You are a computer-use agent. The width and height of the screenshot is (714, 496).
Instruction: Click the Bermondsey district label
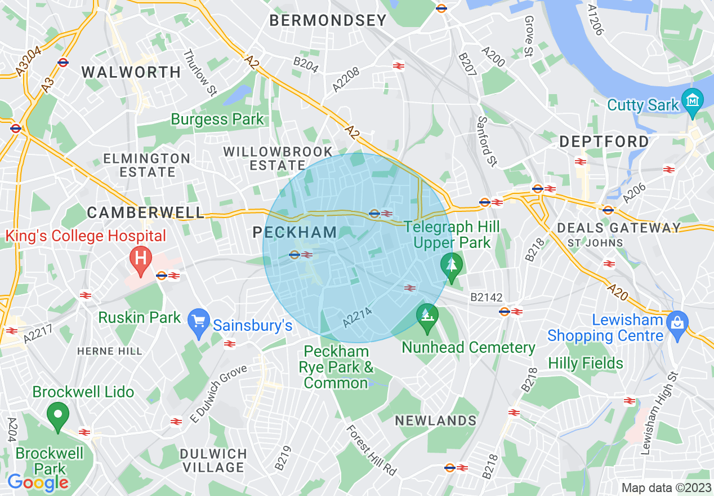click(328, 21)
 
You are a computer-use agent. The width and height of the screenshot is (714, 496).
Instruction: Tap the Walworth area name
click(131, 72)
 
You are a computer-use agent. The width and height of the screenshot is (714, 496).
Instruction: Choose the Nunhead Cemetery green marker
click(427, 316)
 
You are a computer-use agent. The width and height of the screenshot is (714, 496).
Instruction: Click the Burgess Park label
click(217, 119)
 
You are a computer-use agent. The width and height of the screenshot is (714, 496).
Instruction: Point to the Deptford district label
click(604, 142)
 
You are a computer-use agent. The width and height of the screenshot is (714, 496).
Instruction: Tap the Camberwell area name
click(146, 212)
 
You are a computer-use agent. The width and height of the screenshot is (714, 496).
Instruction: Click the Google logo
click(38, 482)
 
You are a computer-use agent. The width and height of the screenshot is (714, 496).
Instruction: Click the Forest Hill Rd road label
click(372, 449)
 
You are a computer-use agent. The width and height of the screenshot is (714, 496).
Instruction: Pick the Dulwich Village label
click(213, 460)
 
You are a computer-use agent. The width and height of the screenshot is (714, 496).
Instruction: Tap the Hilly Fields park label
click(586, 363)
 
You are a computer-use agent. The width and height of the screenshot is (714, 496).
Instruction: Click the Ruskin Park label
click(140, 317)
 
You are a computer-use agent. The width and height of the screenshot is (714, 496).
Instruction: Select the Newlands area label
click(435, 420)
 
